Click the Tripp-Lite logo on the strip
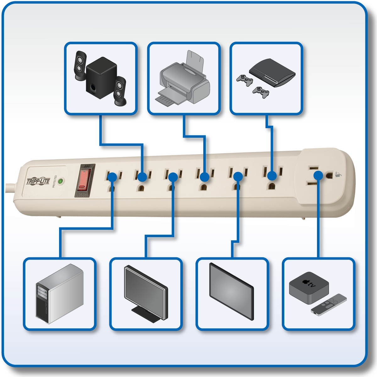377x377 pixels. (38, 181)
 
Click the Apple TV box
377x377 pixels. (309, 288)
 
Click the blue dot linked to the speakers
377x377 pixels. (142, 177)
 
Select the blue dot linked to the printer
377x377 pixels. (205, 177)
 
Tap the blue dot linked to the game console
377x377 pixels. (272, 176)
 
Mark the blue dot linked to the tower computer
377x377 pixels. (112, 177)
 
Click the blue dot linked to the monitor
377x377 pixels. (173, 177)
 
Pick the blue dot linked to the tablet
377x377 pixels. (238, 176)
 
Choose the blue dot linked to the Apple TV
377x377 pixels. (318, 175)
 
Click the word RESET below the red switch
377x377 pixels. (82, 194)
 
